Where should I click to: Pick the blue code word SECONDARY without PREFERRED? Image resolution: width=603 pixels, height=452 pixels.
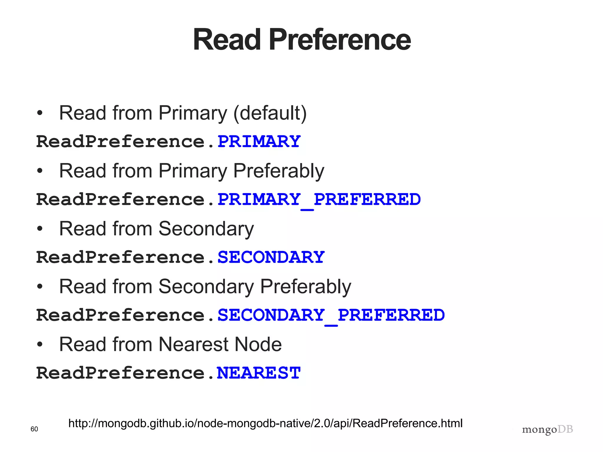(271, 257)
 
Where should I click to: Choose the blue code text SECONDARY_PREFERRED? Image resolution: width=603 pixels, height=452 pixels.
(331, 315)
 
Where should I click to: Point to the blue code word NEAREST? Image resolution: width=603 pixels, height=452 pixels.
(259, 373)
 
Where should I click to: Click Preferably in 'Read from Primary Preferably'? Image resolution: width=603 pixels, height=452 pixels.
(279, 171)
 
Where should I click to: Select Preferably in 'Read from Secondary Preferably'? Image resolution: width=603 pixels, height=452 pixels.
(305, 287)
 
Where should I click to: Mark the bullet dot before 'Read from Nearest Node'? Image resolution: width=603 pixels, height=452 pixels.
(40, 344)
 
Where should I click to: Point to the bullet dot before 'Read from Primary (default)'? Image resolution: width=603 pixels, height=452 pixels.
(40, 113)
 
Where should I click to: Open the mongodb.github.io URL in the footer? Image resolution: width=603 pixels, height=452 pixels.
(265, 423)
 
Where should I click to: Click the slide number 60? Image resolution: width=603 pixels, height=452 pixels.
(34, 429)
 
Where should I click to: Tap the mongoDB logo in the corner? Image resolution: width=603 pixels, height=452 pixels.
(547, 430)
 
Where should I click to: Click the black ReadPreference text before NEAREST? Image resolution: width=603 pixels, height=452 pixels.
(120, 373)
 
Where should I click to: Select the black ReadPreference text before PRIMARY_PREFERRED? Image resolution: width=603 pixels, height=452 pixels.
(120, 199)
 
